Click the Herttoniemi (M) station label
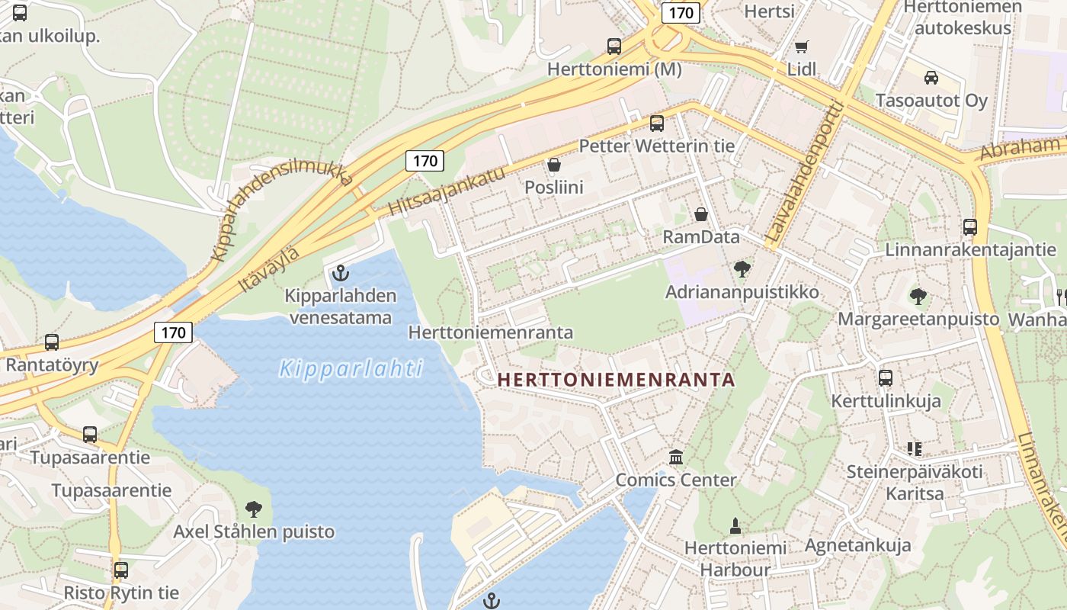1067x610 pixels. pos(614,69)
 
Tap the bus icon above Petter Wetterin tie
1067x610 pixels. pos(656,123)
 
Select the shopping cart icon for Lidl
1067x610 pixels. pos(801,47)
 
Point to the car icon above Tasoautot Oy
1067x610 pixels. pos(931,77)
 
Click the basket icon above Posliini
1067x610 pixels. pos(554,165)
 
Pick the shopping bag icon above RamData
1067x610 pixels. pos(700,214)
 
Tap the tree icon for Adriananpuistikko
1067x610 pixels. pos(742,268)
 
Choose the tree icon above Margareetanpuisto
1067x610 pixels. pos(918,295)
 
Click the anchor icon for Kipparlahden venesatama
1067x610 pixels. pos(340,272)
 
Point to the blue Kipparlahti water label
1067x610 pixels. pos(351,370)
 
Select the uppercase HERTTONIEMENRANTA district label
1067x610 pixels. pos(616,380)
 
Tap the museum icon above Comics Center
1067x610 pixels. pos(675,457)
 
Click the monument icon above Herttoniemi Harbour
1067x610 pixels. pos(735,525)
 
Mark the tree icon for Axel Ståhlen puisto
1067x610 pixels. pos(253,509)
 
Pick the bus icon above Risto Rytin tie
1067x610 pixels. pos(120,570)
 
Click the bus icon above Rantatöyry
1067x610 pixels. pos(52,342)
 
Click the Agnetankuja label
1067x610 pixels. pos(858,545)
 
